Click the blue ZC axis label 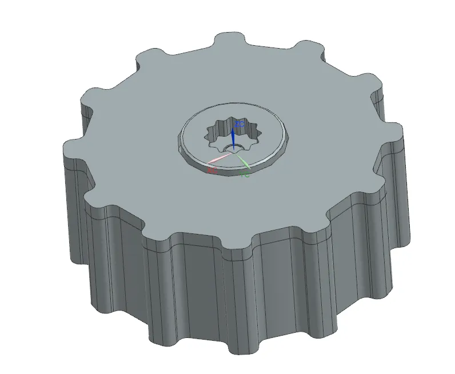coord(240,124)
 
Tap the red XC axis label coord(212,170)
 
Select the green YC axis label coord(245,174)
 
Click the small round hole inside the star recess coord(230,149)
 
